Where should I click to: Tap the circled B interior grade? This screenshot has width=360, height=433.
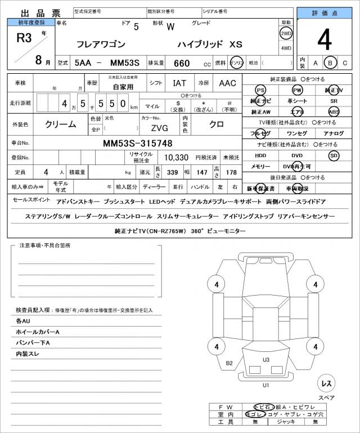[331, 63]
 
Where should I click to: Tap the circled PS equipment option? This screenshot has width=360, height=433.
[260, 90]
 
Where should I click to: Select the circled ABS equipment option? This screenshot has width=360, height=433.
[334, 111]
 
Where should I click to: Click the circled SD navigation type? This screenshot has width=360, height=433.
[334, 155]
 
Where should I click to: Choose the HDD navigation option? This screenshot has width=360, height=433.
[260, 155]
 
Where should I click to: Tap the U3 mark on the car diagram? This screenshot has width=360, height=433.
[266, 359]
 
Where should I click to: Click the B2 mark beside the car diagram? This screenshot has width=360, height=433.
[229, 363]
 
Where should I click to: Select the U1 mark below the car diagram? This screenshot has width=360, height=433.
[265, 385]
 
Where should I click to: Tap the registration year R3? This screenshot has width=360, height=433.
[24, 39]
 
